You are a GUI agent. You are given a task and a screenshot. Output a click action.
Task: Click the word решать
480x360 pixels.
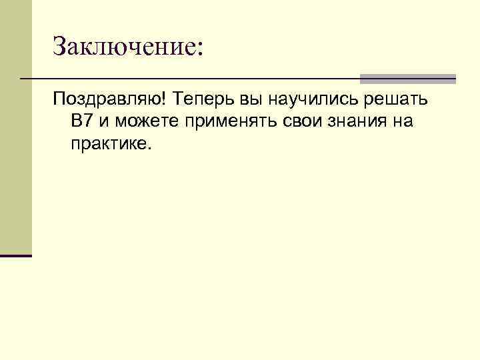(x=397, y=100)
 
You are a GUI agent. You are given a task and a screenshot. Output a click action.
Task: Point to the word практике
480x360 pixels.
(x=111, y=144)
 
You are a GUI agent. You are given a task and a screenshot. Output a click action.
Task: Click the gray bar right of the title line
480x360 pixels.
(x=407, y=79)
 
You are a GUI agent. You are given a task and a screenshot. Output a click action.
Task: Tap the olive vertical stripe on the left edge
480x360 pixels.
(x=15, y=127)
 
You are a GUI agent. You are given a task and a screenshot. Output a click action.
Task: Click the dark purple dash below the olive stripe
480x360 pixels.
(x=15, y=255)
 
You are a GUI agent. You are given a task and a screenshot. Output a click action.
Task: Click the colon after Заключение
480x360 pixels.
(x=197, y=48)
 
